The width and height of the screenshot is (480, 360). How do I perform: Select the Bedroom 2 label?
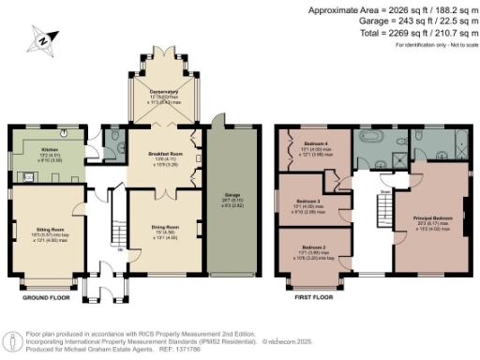point(314,247)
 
